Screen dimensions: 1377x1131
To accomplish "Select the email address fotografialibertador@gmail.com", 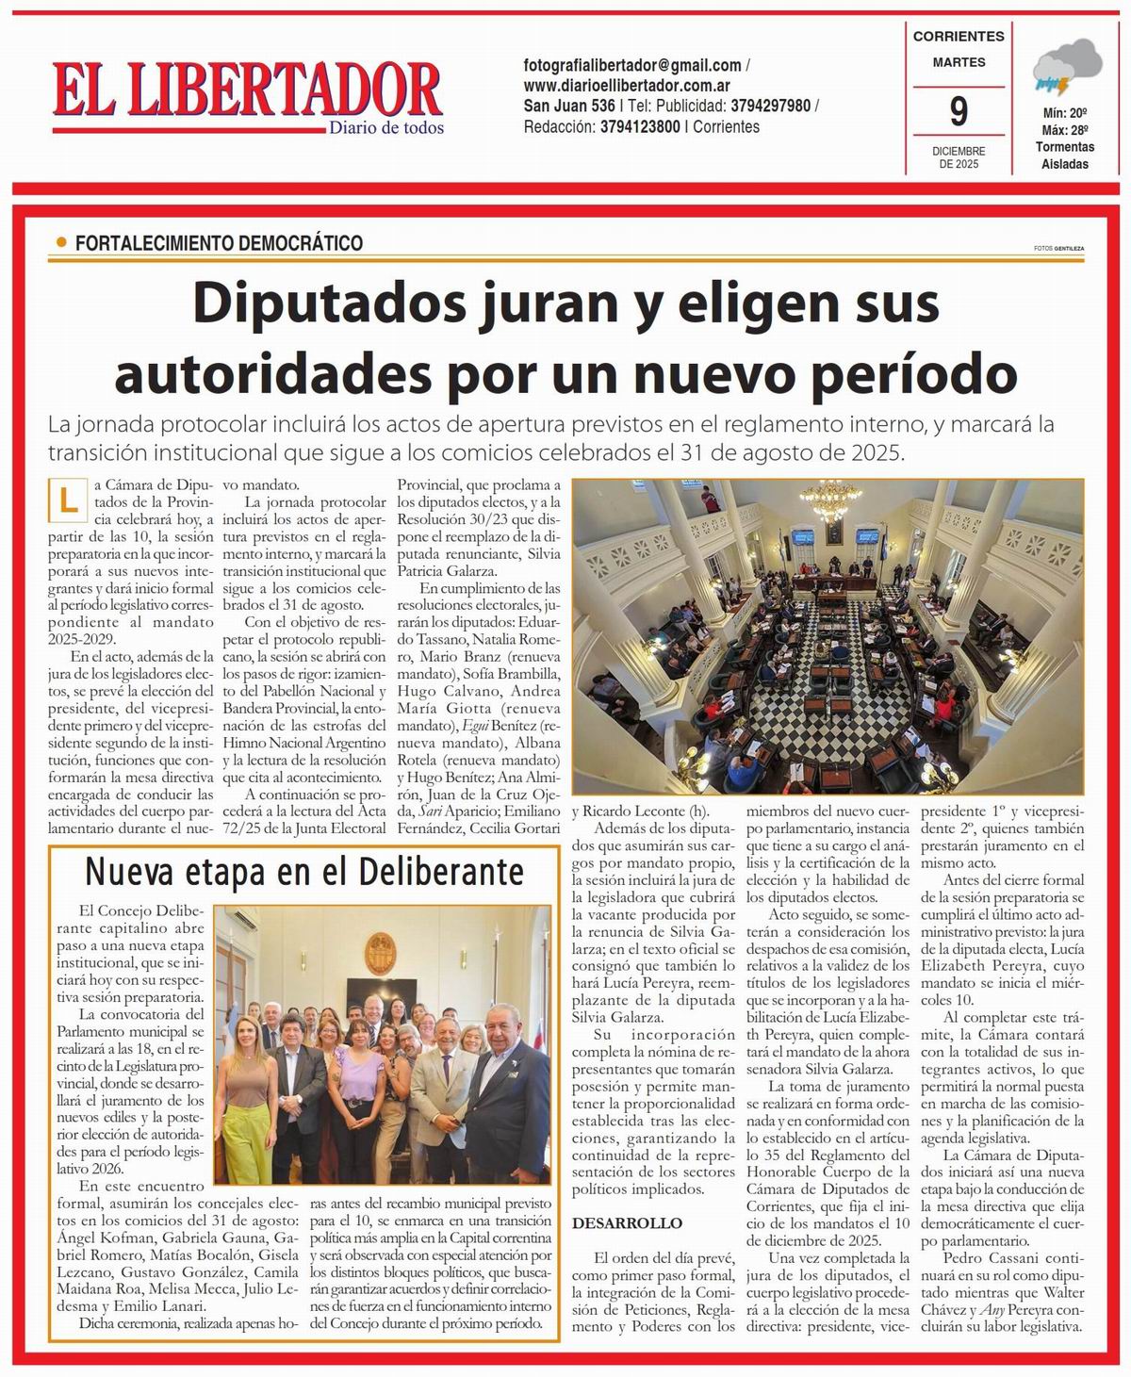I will (x=632, y=65).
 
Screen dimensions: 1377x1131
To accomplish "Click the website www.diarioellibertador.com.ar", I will (x=621, y=85).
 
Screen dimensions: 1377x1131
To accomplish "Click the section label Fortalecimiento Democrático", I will (x=219, y=243).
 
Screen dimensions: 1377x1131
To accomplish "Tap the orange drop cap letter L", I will (x=68, y=500).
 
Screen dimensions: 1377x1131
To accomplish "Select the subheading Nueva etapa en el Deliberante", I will (x=303, y=872).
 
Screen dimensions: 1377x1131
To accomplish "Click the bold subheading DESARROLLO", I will (x=627, y=1223).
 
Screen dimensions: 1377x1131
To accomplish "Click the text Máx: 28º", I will (x=1065, y=130).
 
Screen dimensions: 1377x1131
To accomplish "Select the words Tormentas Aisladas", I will (x=1065, y=156).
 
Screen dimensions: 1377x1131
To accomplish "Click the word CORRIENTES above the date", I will (x=959, y=37).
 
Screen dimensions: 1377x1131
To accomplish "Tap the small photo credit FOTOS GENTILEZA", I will (x=1057, y=249).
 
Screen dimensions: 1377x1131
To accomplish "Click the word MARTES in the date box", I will (x=959, y=62).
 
